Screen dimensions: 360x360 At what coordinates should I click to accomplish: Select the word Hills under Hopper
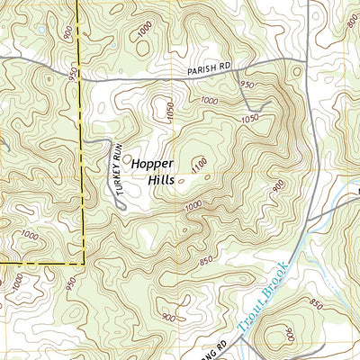[x=161, y=179]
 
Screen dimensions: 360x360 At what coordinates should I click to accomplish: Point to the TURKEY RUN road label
[x=116, y=167]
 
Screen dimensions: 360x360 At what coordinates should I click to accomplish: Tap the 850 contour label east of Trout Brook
[x=315, y=303]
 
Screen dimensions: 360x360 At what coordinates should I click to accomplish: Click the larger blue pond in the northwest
[x=41, y=30]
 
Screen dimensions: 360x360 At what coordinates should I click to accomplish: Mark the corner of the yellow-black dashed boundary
[x=84, y=263]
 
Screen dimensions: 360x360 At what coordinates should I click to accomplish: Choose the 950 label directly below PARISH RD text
[x=249, y=84]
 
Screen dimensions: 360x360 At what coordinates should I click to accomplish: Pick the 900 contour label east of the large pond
[x=68, y=33]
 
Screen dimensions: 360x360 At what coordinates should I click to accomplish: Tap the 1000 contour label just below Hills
[x=192, y=207]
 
